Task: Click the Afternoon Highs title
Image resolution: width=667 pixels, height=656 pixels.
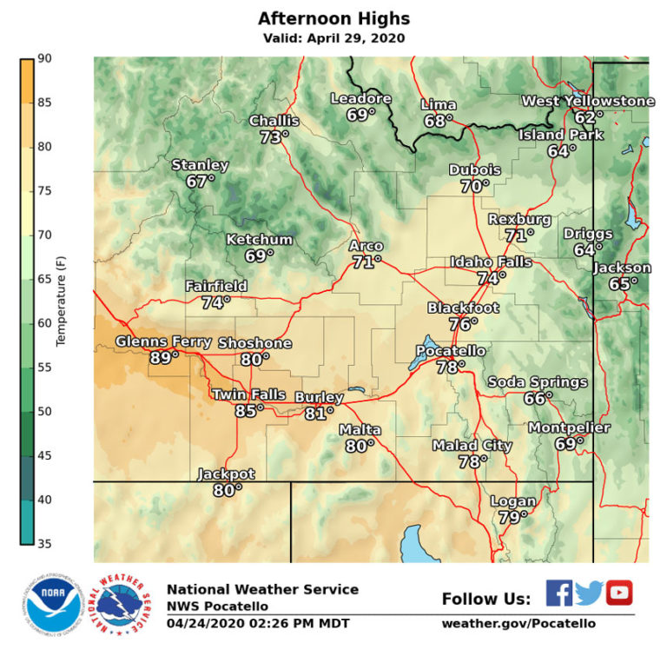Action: [333, 18]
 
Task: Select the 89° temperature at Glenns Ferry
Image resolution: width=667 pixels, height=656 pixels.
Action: [164, 357]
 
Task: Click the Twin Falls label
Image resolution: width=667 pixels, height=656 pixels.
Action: [249, 395]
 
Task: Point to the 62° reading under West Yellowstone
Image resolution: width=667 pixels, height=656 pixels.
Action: [588, 117]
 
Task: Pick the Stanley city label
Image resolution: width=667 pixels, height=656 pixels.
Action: [200, 165]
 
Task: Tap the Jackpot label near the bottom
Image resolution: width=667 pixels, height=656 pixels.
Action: [226, 474]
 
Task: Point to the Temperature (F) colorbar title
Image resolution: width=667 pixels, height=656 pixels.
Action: [61, 300]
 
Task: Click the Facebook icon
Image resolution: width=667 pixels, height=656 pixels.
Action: [559, 593]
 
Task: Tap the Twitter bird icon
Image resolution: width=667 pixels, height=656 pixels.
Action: [589, 593]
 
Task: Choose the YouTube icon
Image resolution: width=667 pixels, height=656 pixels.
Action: [619, 593]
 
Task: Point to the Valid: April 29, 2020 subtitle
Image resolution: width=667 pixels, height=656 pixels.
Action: [333, 38]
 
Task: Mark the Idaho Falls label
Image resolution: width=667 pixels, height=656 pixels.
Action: [491, 262]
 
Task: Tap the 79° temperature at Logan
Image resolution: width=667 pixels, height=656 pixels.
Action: [513, 517]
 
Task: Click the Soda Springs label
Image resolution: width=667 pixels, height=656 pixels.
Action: [538, 382]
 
